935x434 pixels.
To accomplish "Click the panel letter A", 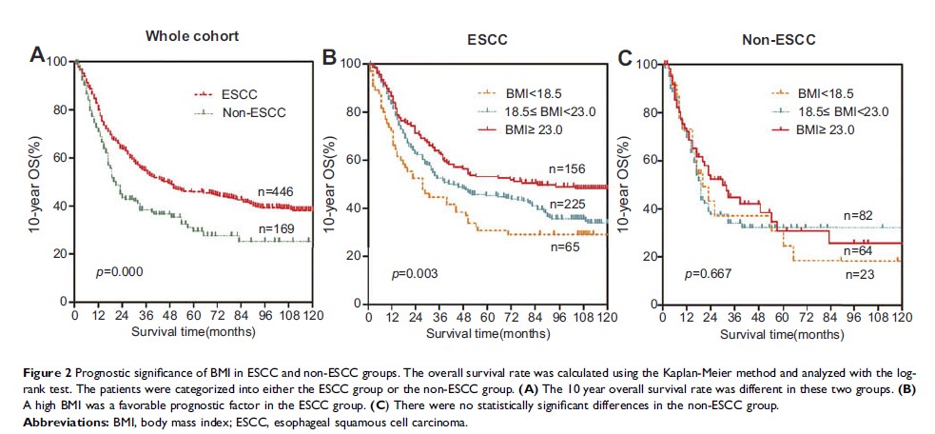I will click(x=38, y=57).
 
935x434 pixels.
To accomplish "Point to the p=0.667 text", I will click(x=706, y=273).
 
